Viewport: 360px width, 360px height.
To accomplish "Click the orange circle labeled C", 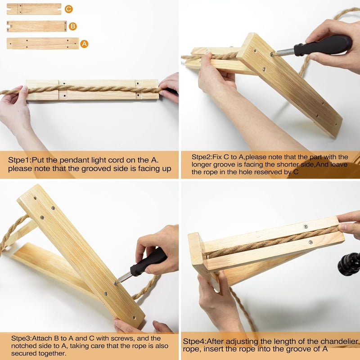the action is (69, 9).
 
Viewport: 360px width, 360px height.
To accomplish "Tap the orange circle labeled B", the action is (72, 26).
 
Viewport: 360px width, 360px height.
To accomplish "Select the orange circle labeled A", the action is (84, 44).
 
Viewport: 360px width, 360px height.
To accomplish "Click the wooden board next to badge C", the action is (34, 9).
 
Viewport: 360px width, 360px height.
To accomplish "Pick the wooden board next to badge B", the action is (37, 26).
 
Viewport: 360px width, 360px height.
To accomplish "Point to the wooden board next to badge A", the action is (43, 44).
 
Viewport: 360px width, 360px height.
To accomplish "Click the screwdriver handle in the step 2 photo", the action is (323, 45).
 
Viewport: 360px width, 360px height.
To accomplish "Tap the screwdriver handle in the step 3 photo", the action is (148, 262).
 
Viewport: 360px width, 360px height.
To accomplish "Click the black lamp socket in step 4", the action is (349, 264).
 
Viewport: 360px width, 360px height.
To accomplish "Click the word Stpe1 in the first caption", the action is (19, 160).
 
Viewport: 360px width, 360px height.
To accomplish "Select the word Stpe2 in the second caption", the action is (202, 157).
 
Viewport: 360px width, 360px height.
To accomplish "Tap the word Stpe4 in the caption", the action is (194, 342).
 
